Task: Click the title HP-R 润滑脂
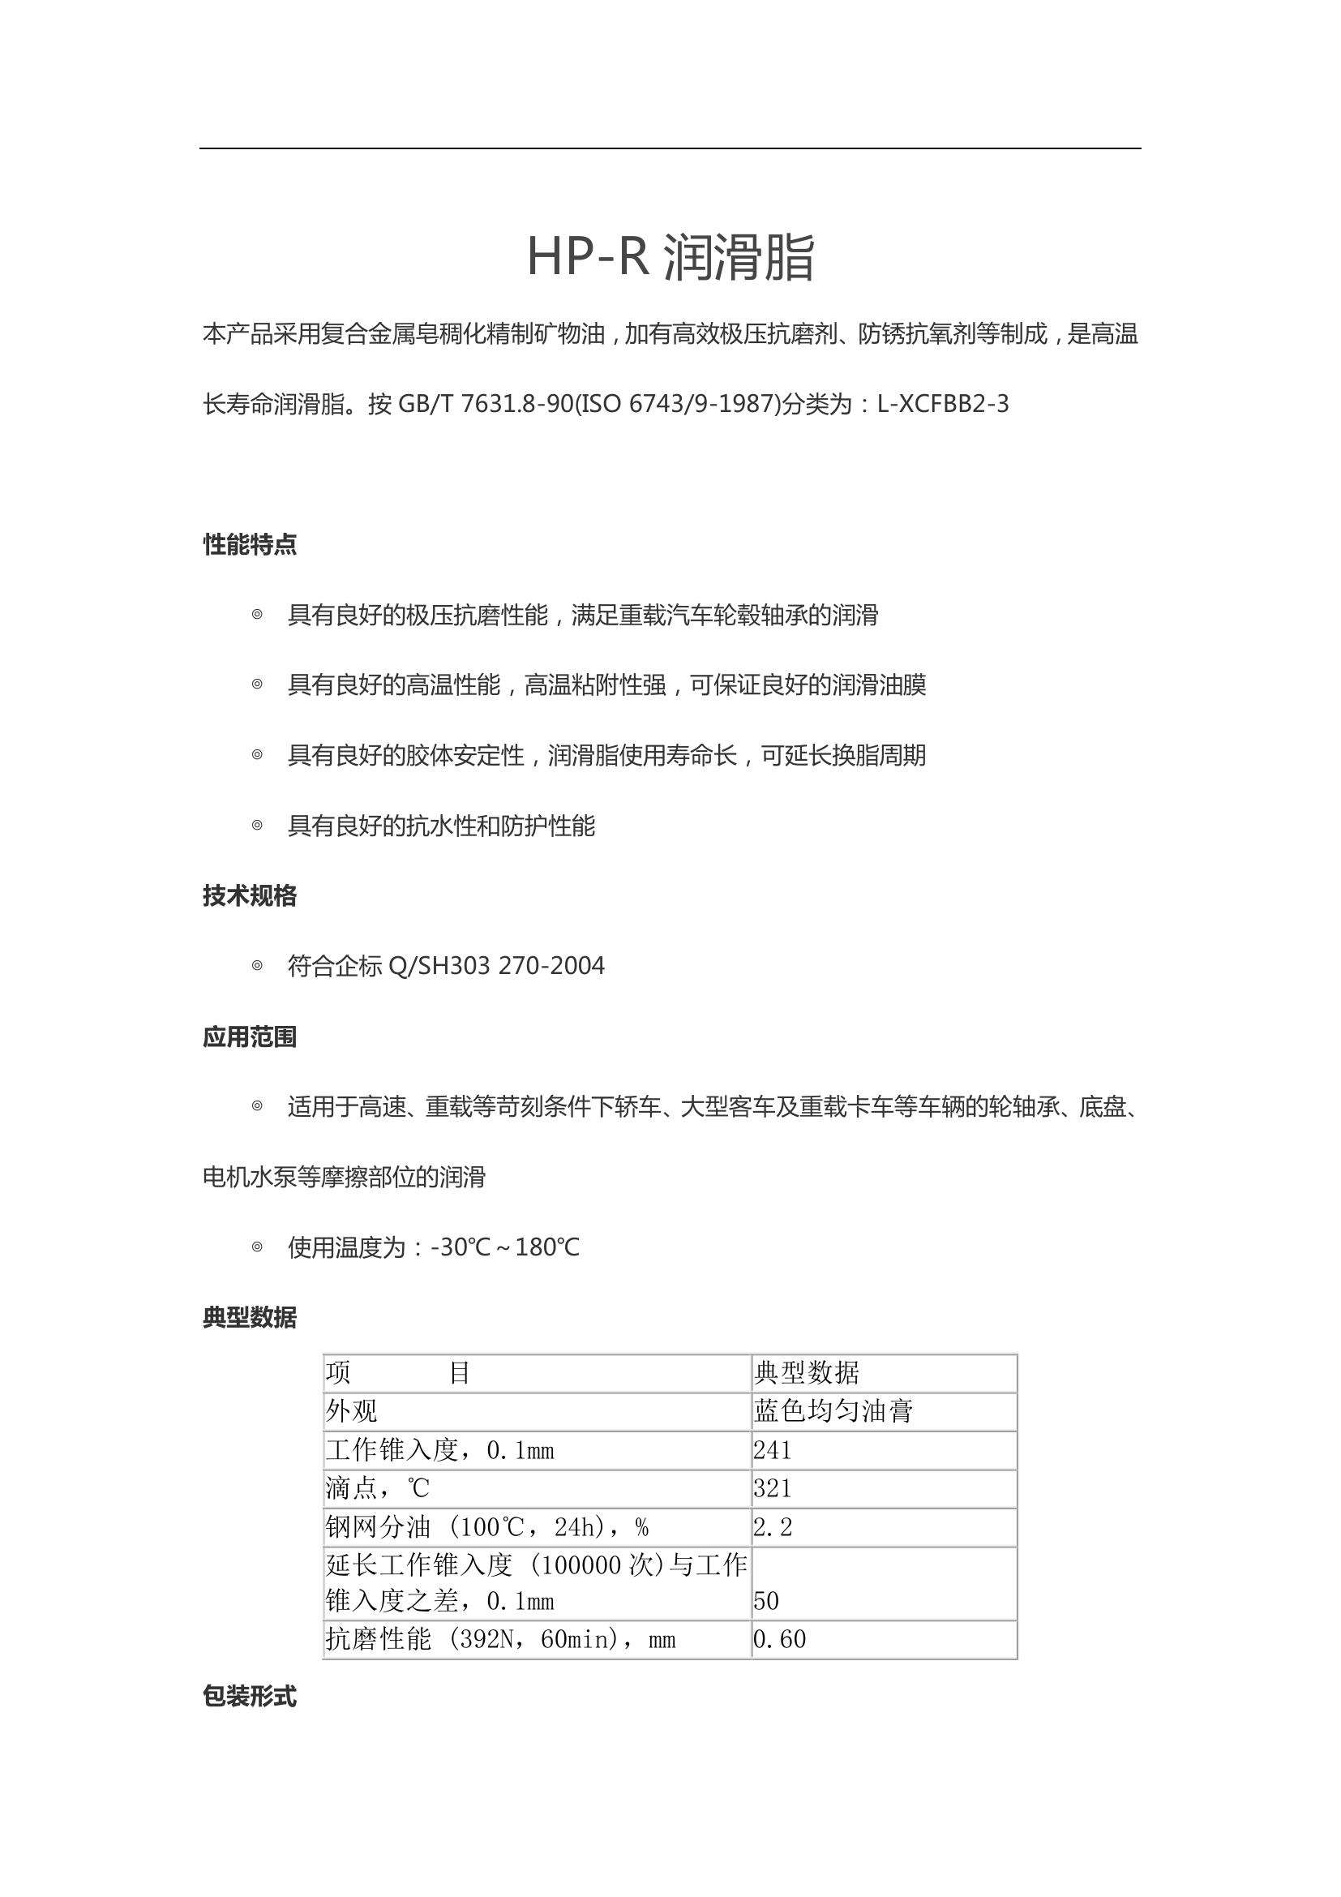click(x=670, y=257)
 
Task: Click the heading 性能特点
click(x=250, y=544)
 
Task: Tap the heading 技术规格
click(x=250, y=895)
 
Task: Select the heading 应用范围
click(x=250, y=1037)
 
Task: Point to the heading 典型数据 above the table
click(x=250, y=1317)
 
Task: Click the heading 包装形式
click(x=250, y=1696)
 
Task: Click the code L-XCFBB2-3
click(x=942, y=404)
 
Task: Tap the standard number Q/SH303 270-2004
click(x=495, y=966)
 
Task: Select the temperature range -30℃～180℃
click(x=504, y=1247)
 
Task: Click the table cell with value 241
click(x=772, y=1450)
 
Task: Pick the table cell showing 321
click(x=772, y=1488)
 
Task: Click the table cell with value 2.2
click(x=772, y=1527)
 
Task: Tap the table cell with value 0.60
click(x=778, y=1639)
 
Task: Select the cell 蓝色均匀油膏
click(x=833, y=1411)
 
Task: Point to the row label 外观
click(x=351, y=1411)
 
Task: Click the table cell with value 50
click(x=765, y=1601)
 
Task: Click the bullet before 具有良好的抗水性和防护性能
click(x=257, y=826)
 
